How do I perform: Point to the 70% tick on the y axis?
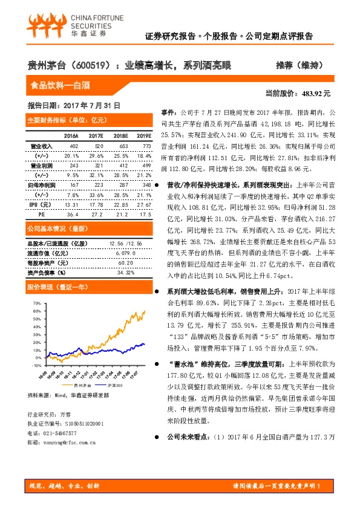(x=37, y=303)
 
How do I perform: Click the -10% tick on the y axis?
(x=36, y=365)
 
